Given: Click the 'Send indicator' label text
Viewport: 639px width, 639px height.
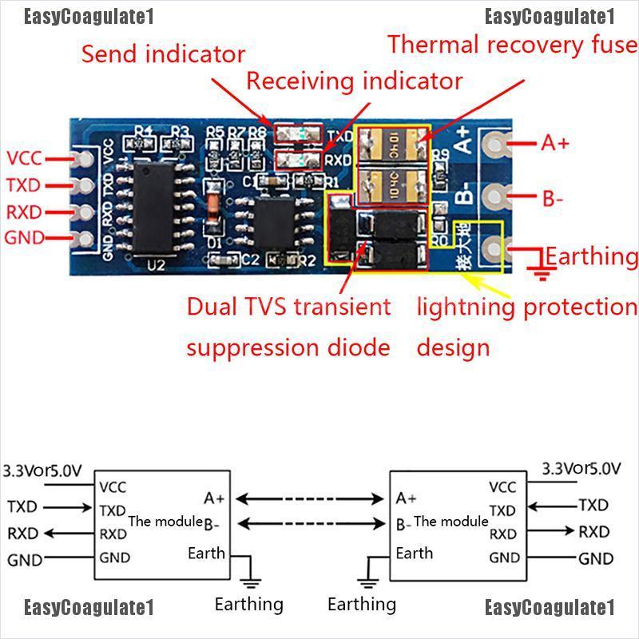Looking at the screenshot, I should point(163,54).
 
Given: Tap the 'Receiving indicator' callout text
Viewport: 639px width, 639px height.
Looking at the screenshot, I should point(354,81).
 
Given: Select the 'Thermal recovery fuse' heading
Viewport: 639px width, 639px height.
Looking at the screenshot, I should point(512,44).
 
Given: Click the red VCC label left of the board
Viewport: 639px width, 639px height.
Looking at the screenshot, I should point(24,158).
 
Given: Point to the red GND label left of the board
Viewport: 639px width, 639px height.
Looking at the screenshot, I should point(24,237).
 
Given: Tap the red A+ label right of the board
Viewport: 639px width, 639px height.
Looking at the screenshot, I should point(555,143).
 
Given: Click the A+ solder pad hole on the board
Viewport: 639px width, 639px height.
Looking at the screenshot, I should point(497,145).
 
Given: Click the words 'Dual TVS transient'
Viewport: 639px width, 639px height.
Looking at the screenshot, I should point(288,307).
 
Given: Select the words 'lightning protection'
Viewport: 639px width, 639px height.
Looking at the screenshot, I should point(526,307).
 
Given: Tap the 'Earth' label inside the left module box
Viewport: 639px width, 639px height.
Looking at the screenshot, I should point(206,553).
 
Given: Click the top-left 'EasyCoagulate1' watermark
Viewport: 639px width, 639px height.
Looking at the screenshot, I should point(88,17).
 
